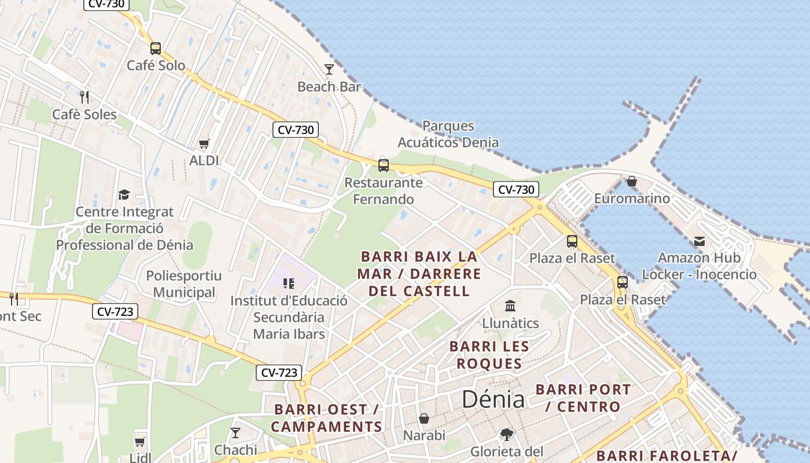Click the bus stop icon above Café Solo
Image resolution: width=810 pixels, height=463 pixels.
(x=155, y=49)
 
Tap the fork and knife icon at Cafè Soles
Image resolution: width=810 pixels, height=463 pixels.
(x=84, y=97)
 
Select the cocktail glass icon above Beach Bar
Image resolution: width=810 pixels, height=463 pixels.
(x=329, y=69)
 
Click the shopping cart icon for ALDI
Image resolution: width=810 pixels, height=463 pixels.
(x=204, y=144)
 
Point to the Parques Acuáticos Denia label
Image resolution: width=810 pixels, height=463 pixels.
(x=448, y=134)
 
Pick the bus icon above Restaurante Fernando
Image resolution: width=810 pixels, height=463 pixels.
(x=383, y=166)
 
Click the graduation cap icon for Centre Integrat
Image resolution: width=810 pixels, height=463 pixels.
(x=124, y=194)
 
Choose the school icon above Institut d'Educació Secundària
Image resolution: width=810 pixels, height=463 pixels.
(x=288, y=284)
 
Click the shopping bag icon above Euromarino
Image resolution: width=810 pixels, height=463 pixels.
(x=632, y=182)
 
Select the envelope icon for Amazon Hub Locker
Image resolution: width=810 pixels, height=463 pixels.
(x=699, y=241)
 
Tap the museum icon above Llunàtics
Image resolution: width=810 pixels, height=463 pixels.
(x=510, y=306)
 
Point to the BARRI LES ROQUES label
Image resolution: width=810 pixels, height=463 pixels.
(x=489, y=355)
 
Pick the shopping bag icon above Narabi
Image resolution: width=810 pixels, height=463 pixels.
(x=424, y=418)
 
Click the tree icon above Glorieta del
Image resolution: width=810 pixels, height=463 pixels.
(x=507, y=434)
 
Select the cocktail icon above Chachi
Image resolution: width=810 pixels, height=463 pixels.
(x=235, y=432)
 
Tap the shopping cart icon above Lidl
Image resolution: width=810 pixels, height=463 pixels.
(x=139, y=442)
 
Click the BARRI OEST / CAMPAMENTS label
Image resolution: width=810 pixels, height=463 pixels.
(x=326, y=418)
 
